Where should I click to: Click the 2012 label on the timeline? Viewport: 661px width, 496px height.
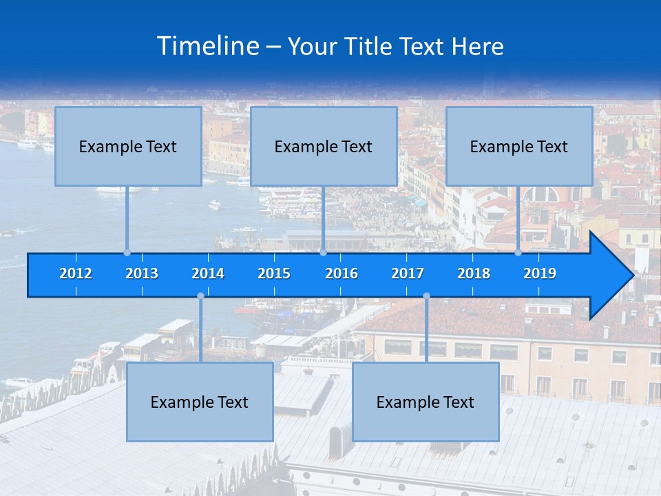76,273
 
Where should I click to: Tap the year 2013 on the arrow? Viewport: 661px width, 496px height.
142,273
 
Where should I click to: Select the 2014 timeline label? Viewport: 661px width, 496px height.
208,273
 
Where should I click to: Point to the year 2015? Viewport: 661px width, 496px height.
274,273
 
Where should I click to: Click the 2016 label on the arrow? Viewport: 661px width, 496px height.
342,273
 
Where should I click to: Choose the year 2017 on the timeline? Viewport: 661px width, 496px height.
408,273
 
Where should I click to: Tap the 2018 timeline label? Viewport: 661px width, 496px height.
474,273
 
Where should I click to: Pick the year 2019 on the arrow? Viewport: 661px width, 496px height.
540,273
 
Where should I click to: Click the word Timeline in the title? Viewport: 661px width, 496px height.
207,46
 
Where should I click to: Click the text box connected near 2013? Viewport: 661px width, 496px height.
128,146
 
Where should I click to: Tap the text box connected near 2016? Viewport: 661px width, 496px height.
324,146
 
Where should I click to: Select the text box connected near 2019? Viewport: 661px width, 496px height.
519,146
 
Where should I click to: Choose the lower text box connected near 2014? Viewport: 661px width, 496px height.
200,402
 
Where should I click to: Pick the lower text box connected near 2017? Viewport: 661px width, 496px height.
426,402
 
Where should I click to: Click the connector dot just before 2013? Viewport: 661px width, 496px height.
127,253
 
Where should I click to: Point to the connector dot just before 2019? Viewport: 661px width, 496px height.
518,253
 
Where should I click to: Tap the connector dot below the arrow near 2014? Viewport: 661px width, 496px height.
200,296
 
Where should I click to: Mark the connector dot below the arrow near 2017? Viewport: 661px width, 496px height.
426,296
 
